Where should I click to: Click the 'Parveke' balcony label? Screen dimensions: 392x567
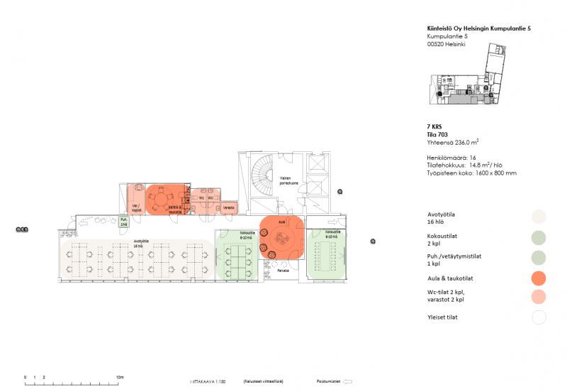pos(283,271)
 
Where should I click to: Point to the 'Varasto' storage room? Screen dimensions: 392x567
pos(229,208)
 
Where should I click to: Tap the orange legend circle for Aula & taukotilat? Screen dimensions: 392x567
pos(538,277)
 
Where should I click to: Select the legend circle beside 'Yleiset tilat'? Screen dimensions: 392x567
pos(538,317)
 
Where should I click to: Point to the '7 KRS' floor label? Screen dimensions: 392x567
pos(434,125)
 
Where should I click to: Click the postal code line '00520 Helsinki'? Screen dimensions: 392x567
pos(447,44)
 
